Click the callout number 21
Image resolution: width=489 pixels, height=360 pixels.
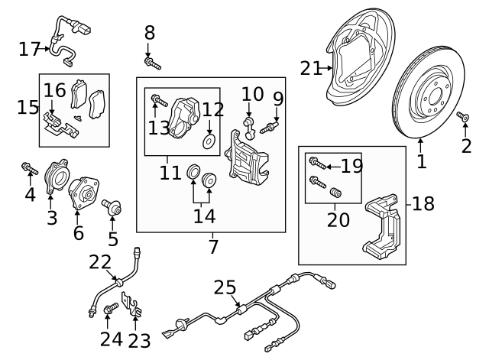click(310, 68)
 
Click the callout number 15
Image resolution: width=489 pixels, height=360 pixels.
click(28, 107)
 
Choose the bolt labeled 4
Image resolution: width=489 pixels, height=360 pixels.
click(29, 167)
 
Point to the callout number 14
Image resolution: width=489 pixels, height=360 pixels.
click(204, 216)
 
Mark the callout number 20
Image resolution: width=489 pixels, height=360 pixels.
click(338, 220)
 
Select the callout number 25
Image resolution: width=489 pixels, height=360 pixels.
click(225, 288)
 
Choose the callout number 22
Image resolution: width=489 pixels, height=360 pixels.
click(100, 262)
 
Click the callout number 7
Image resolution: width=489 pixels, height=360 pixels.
click(212, 247)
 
